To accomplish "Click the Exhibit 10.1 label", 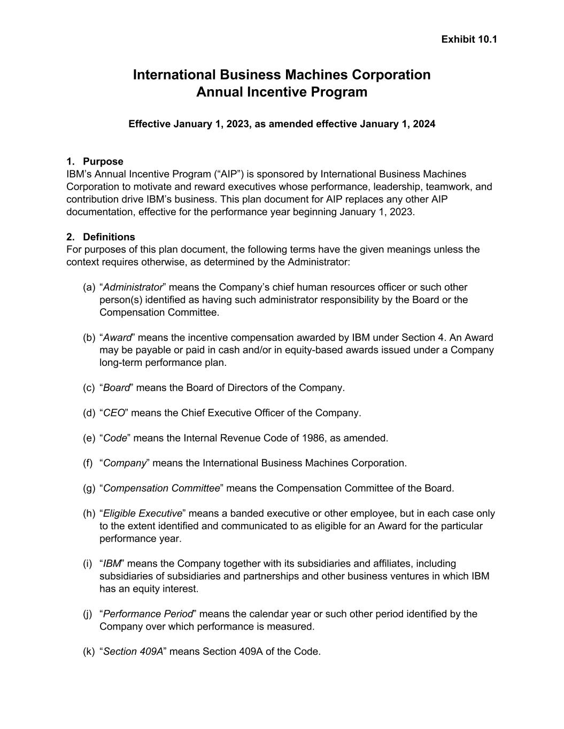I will click(469, 39).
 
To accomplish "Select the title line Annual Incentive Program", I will click(282, 92).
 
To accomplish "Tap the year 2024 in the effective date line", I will click(423, 124).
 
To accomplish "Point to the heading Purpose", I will click(103, 161).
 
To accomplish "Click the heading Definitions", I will click(109, 237).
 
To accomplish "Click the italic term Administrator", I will click(133, 287).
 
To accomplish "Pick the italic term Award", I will click(117, 338).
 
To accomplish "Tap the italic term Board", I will click(117, 388).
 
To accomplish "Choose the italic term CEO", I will click(113, 413).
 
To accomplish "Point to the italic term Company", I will click(125, 463).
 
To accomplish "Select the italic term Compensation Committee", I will click(161, 488).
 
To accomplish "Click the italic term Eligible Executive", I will click(142, 513).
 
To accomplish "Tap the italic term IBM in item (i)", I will click(112, 563).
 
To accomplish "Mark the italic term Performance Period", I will click(148, 614).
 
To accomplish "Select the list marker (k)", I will click(89, 652).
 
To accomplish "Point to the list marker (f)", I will click(88, 463).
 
